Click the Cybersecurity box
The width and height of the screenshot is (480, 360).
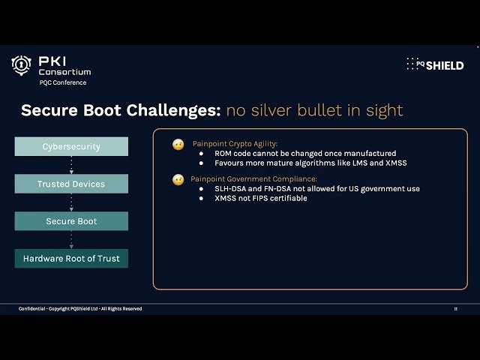click(71, 146)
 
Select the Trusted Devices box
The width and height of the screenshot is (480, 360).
click(71, 184)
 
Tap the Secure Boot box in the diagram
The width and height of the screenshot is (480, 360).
click(71, 221)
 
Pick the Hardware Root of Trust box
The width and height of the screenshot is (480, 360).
click(71, 259)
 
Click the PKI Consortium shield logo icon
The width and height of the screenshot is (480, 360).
click(21, 66)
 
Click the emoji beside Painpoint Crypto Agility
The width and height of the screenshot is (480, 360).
click(178, 144)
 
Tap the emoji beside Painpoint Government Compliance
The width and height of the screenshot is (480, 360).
click(178, 180)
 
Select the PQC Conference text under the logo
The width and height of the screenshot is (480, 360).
click(63, 82)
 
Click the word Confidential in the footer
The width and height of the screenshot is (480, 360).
click(33, 309)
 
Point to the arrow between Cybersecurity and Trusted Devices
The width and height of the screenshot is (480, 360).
click(71, 165)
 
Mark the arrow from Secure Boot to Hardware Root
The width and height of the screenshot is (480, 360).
click(71, 240)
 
